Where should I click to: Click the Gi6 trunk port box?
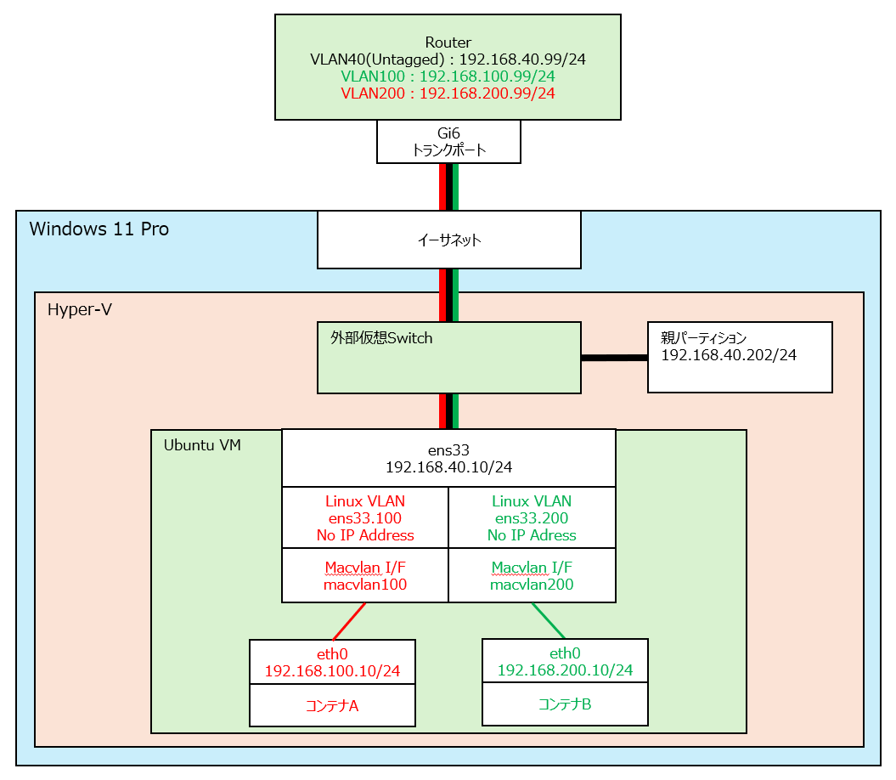tap(448, 141)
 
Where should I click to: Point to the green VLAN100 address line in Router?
tap(448, 76)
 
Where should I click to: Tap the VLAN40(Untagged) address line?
tap(448, 59)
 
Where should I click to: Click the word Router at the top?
tap(448, 42)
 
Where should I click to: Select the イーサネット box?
tap(448, 240)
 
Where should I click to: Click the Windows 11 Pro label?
tap(99, 229)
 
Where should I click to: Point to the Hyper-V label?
tap(80, 311)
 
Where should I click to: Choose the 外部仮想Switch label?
tap(381, 338)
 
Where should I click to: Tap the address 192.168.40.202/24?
tap(729, 355)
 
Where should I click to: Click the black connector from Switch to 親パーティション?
tap(614, 358)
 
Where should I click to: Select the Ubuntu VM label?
tap(201, 445)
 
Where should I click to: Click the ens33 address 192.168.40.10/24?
tap(448, 467)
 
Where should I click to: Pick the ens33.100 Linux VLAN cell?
tap(364, 518)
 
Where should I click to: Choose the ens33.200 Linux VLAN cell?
tap(532, 518)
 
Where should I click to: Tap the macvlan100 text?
tap(364, 585)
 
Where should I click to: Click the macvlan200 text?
tap(532, 585)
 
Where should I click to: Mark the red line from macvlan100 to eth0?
tap(349, 621)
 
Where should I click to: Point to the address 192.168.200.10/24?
tap(565, 670)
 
